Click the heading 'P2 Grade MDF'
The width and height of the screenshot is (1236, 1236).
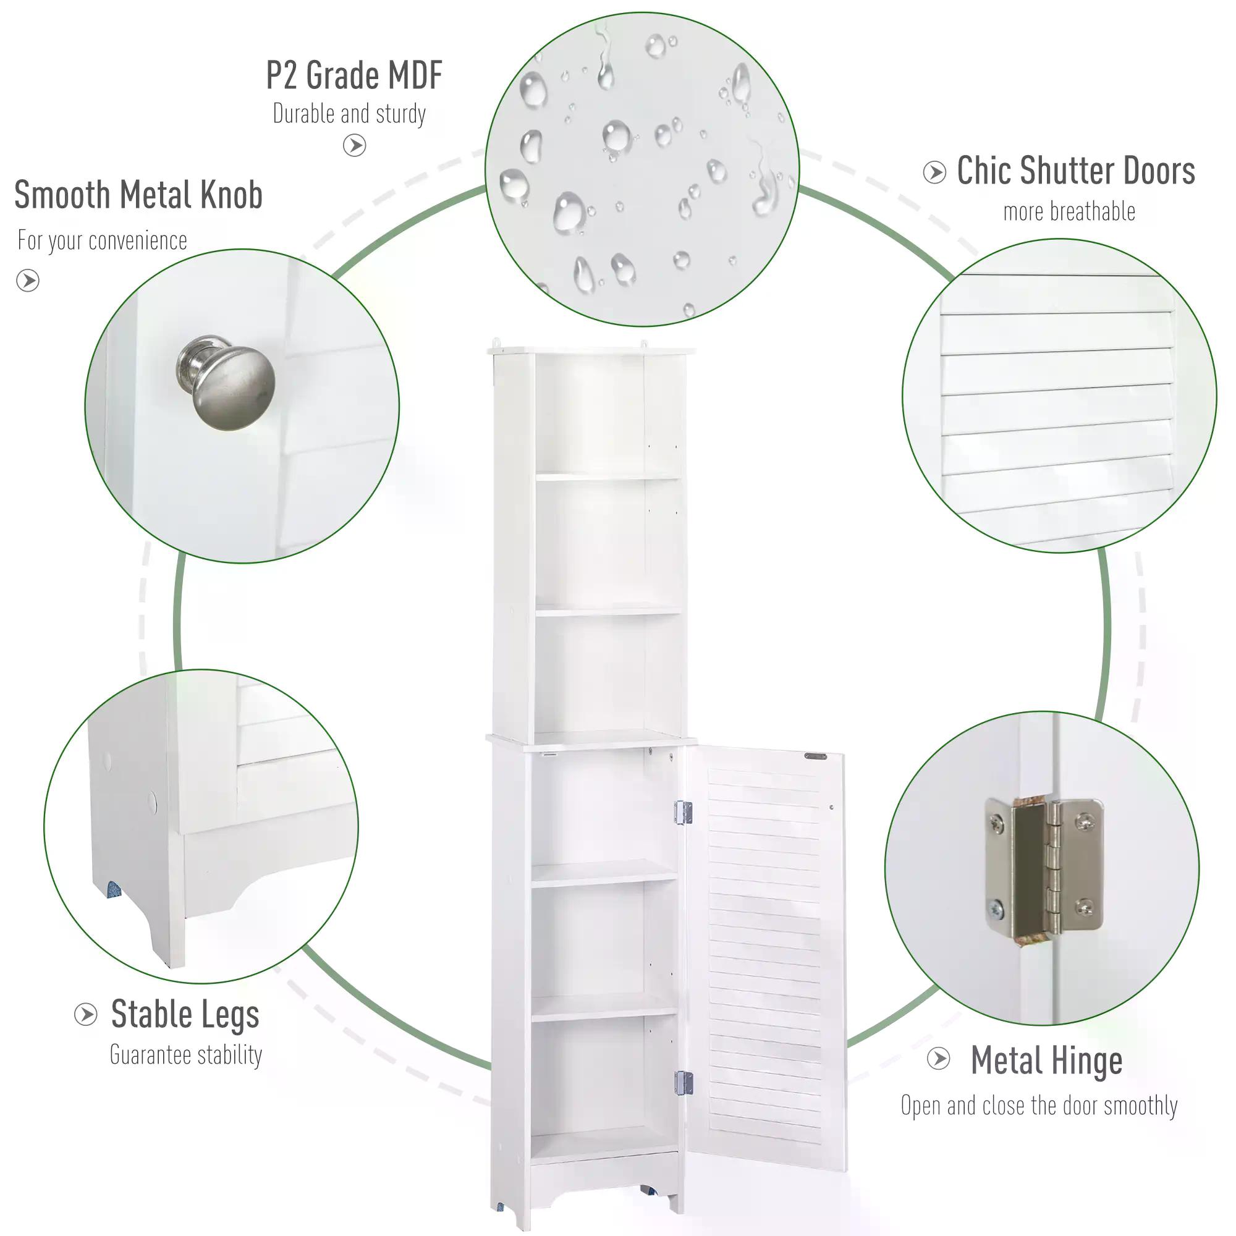353,75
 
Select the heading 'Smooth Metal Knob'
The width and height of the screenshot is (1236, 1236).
138,195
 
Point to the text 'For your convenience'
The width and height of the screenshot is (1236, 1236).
103,240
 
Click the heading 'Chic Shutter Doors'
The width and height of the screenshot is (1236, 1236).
1075,171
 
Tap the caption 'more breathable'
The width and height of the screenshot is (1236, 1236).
1069,212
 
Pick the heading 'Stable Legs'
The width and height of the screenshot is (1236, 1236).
185,1015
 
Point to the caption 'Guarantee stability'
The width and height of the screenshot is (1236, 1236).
186,1055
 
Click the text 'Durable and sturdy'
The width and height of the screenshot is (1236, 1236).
349,114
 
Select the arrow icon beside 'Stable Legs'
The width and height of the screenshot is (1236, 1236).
86,1015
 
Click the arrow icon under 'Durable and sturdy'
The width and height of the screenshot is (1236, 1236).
354,146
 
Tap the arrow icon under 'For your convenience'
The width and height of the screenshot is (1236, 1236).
28,280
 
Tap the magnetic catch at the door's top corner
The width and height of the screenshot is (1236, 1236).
816,757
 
